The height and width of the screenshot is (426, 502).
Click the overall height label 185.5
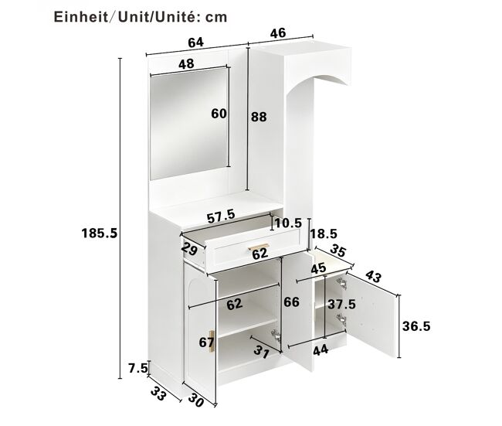click(100, 233)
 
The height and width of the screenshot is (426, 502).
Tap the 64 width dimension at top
click(195, 43)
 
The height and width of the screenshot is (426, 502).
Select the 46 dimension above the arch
click(278, 33)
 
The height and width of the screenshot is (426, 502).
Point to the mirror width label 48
click(186, 64)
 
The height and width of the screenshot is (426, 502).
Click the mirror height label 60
click(219, 114)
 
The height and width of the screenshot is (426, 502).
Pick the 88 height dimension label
click(259, 117)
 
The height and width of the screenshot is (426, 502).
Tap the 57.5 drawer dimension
click(221, 216)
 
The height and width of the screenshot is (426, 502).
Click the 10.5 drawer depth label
click(289, 223)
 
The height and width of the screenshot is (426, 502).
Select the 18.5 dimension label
click(324, 234)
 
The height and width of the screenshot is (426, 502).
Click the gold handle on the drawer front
click(259, 246)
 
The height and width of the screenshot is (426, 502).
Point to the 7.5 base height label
click(138, 368)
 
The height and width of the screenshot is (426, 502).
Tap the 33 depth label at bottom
click(158, 394)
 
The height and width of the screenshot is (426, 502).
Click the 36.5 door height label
click(416, 326)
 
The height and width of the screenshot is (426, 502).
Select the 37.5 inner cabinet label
click(341, 304)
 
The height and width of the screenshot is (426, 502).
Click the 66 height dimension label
click(292, 302)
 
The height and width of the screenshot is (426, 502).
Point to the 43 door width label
click(373, 277)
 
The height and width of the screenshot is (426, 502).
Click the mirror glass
click(189, 124)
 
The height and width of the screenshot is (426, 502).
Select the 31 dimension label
click(262, 353)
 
